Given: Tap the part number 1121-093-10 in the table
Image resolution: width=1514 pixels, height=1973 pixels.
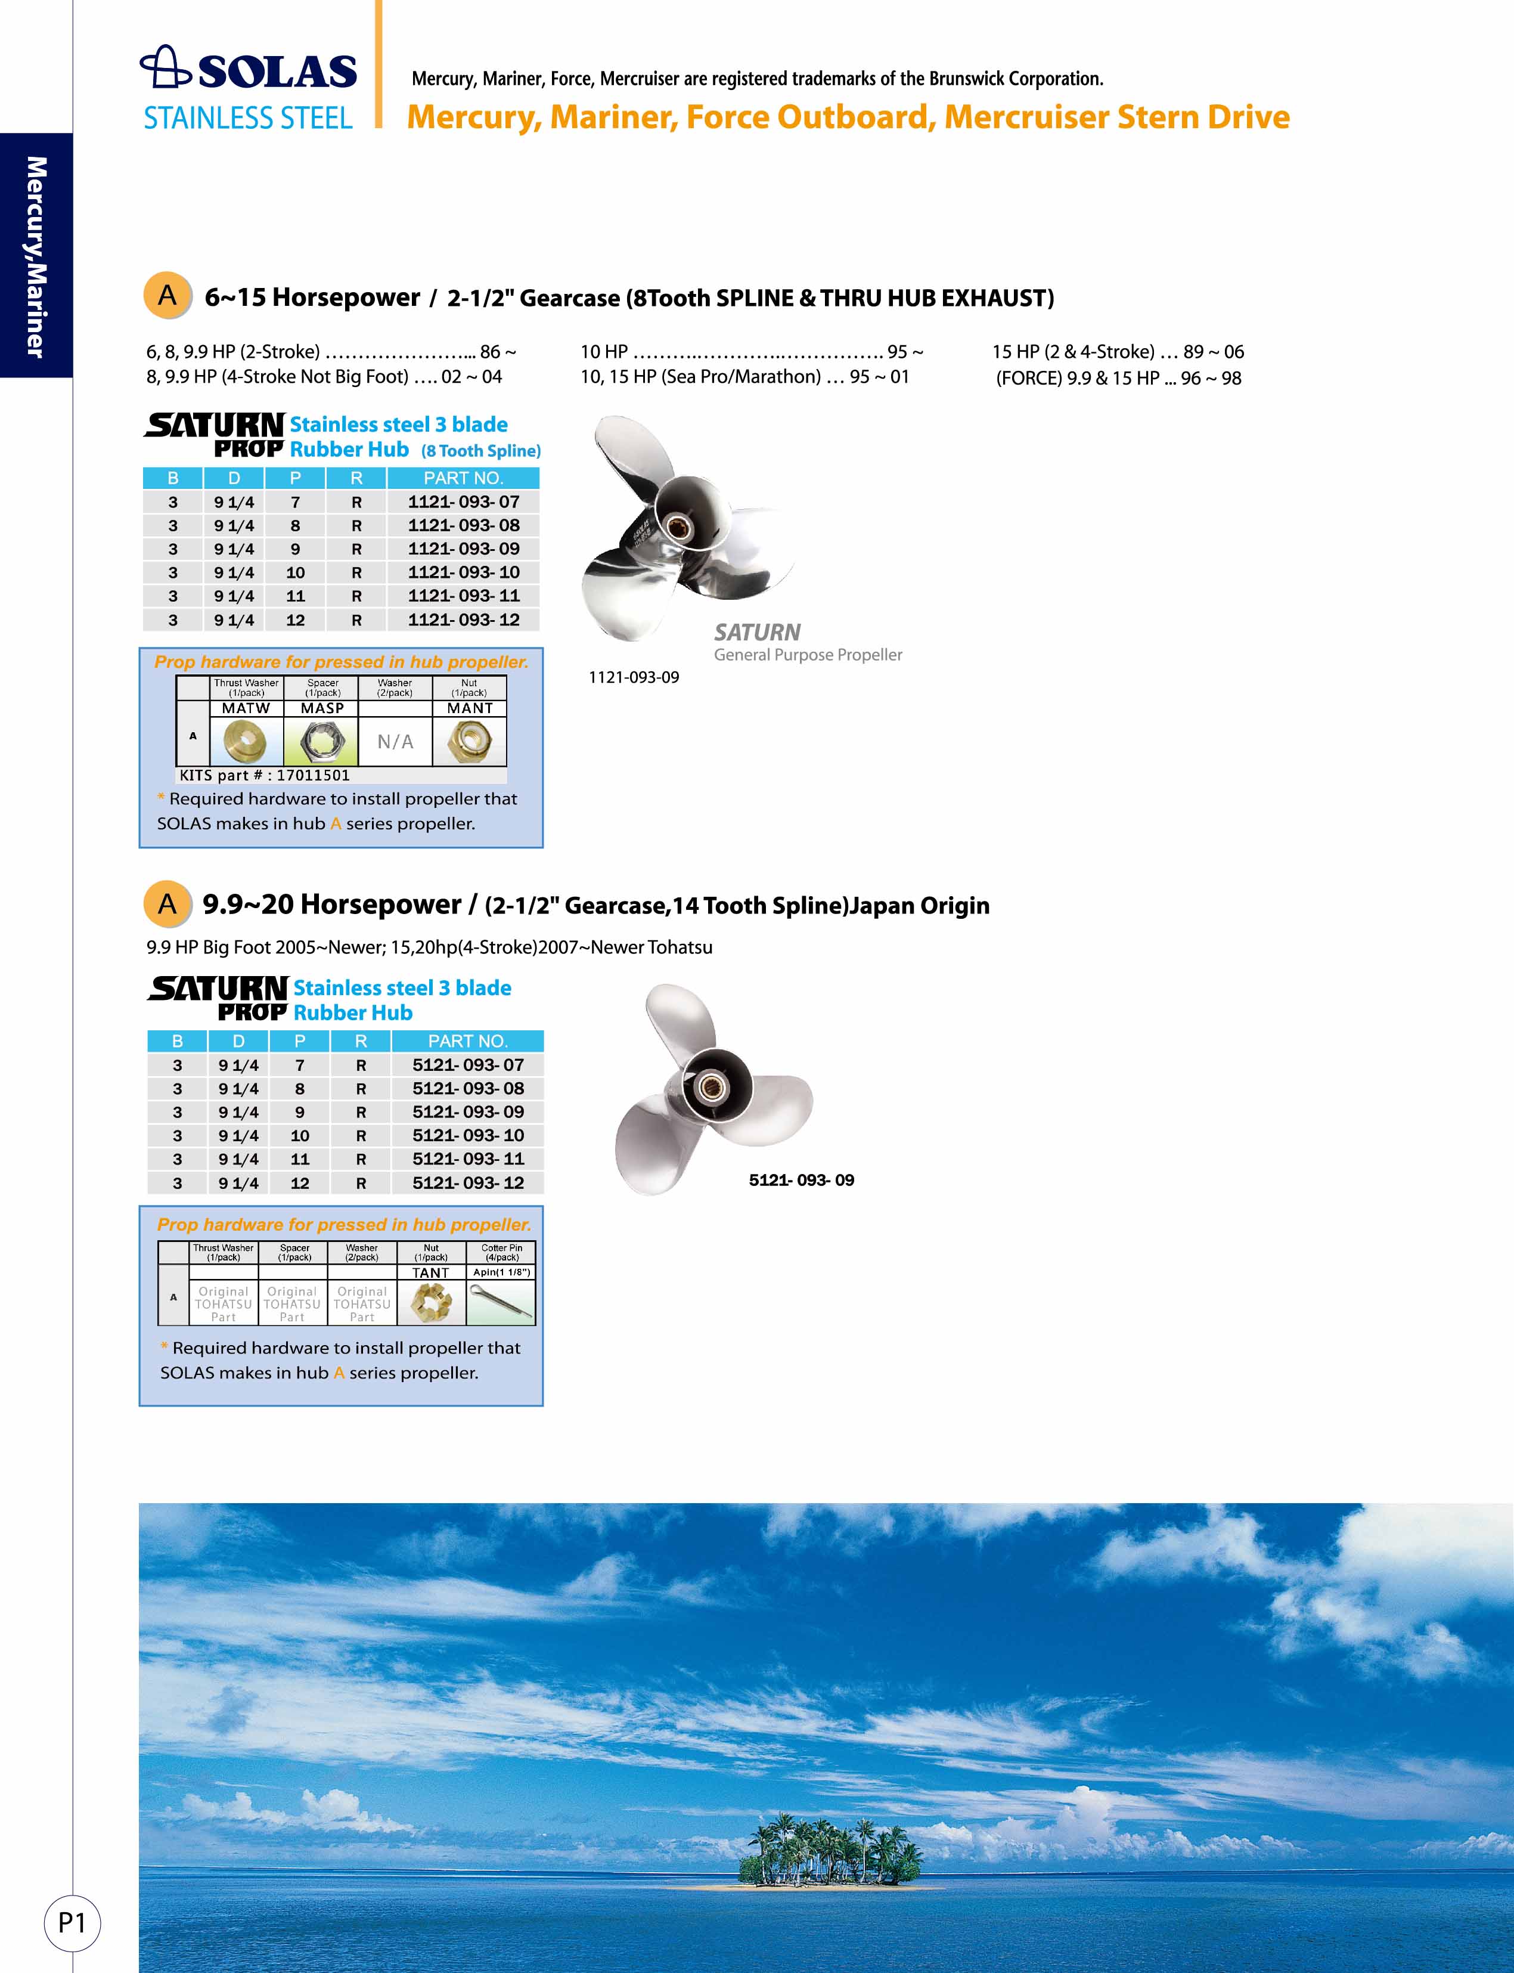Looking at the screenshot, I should [x=463, y=572].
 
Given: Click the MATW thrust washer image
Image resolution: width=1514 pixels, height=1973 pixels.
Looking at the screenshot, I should [x=246, y=742].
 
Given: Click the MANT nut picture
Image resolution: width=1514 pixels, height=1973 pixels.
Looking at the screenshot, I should [x=469, y=742].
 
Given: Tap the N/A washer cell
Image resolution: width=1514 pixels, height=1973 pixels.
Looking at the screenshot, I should [x=395, y=742].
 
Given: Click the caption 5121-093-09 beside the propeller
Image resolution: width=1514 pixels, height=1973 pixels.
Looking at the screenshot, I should [x=801, y=1181].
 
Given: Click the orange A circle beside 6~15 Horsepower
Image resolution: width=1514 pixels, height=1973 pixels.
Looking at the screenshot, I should [x=167, y=296].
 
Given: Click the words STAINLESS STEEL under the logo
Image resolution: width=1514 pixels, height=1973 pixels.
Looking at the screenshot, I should [x=248, y=118].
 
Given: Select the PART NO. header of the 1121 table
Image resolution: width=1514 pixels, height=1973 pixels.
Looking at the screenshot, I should [x=463, y=478].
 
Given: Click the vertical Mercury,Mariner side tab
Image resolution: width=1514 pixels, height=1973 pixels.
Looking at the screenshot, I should [x=36, y=257].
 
